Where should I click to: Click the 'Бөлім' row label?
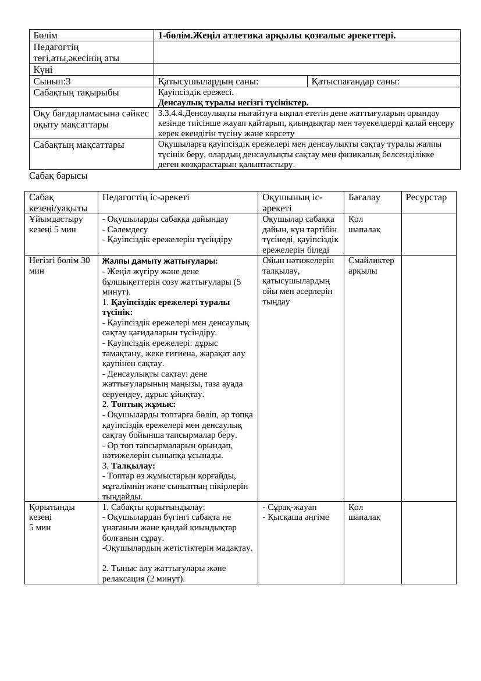(45, 36)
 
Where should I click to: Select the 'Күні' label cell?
(43, 70)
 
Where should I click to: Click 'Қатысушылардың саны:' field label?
(208, 81)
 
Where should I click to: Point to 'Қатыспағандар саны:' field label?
(355, 81)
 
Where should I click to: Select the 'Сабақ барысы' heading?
(58, 176)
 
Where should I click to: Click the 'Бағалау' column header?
(364, 197)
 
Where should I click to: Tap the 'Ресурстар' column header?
(426, 197)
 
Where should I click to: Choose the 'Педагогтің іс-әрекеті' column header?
(145, 197)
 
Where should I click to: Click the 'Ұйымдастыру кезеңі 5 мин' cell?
(56, 224)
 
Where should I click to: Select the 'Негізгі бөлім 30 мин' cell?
(59, 265)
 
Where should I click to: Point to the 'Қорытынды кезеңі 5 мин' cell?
(52, 517)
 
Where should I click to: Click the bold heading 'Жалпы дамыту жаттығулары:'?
(160, 261)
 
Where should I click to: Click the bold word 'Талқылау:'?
(133, 466)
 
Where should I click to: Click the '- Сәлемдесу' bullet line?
(125, 229)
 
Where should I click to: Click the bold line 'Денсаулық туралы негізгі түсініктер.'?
(233, 102)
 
